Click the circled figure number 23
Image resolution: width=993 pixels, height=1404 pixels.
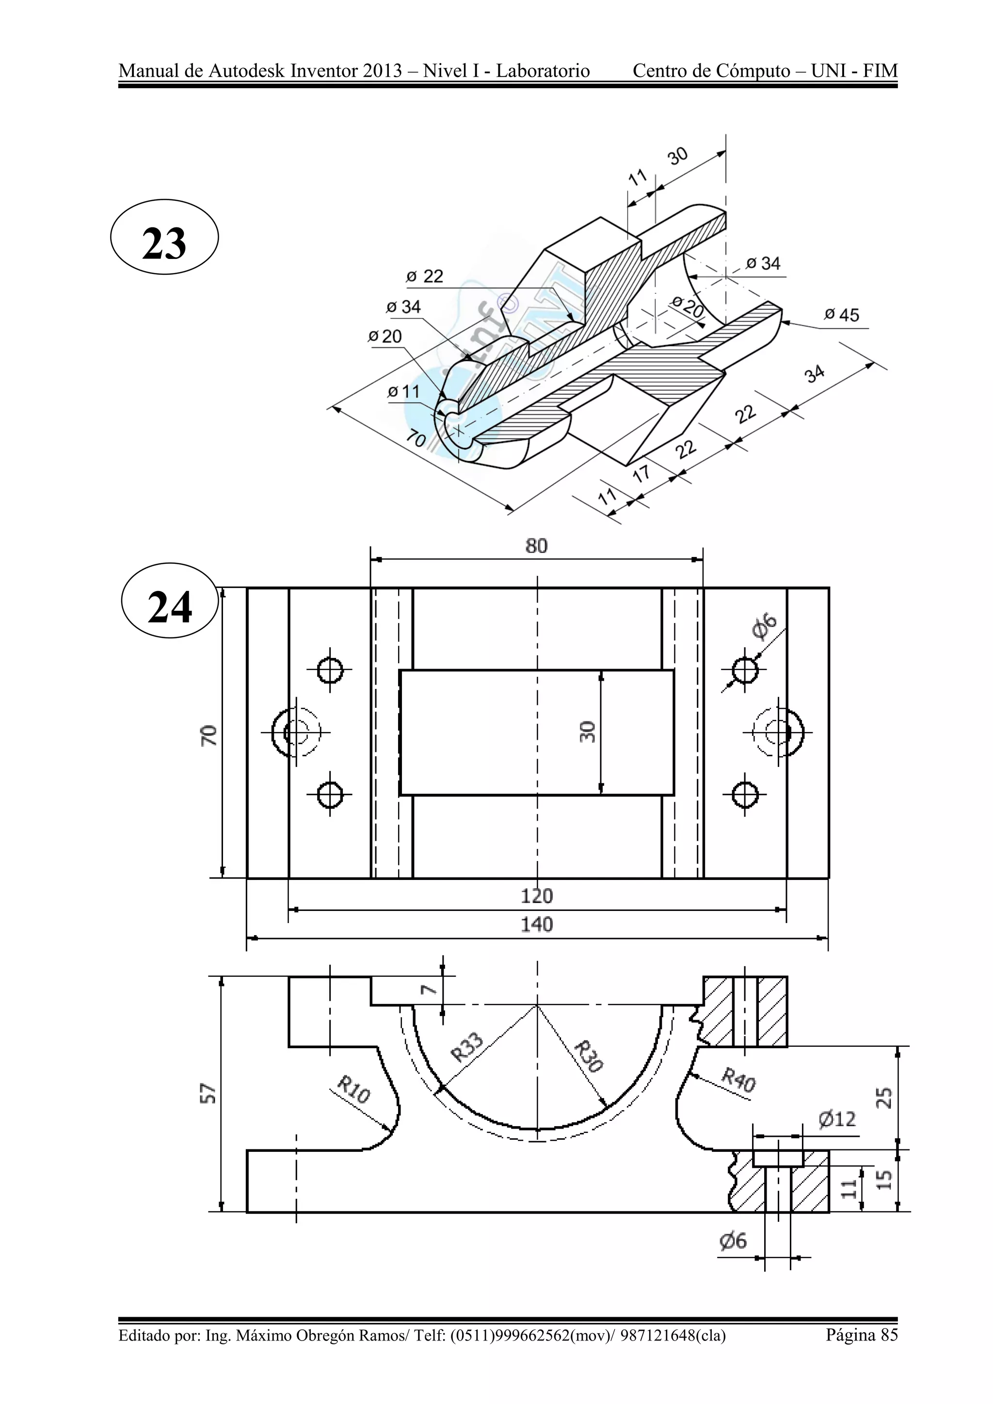[164, 243]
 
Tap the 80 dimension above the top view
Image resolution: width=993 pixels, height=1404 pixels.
[536, 546]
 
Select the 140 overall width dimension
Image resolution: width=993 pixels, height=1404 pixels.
[536, 924]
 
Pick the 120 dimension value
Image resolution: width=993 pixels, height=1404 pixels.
[536, 896]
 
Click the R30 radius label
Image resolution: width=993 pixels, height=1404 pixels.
[589, 1056]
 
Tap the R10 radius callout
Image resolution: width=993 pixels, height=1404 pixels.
[353, 1090]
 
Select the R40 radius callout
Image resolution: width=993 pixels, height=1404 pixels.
[738, 1080]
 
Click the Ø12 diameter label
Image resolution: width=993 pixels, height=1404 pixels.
[837, 1119]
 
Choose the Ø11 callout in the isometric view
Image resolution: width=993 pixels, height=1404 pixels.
[403, 391]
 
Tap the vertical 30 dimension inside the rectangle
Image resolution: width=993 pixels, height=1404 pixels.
[587, 732]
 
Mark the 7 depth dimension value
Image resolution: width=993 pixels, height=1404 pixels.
[429, 989]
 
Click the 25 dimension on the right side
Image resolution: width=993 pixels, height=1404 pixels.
[885, 1098]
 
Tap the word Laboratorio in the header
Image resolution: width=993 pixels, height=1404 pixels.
[543, 71]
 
